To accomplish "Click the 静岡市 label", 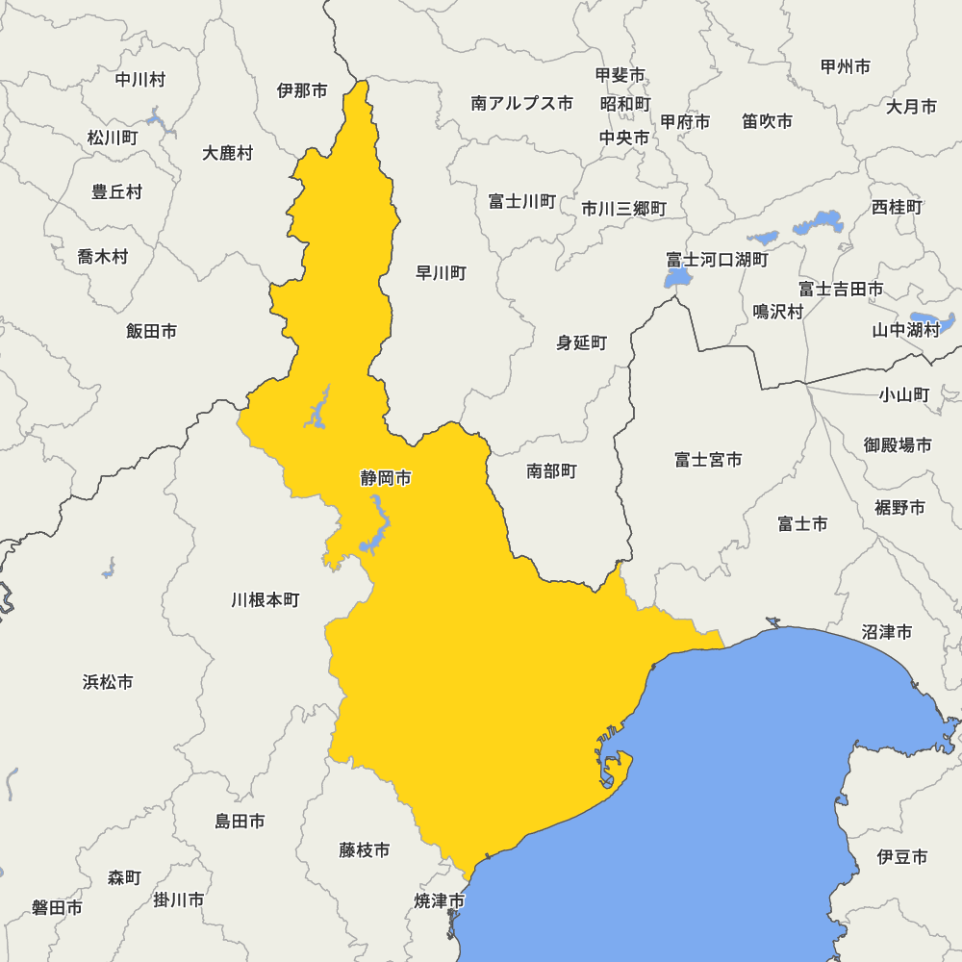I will coord(386,478).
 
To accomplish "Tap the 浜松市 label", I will coord(108,682).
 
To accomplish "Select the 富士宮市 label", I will coord(708,460).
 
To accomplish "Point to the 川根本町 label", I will coord(266,600).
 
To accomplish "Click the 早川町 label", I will coord(441,273).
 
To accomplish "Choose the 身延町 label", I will coord(582,342).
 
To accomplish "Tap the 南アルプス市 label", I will coord(521,103).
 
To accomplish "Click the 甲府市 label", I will coord(685,122).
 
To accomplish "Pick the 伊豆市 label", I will coord(902,855).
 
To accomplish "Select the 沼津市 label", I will coord(887,632).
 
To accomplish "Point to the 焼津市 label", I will coord(440,901).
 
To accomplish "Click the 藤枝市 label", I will coord(365,850).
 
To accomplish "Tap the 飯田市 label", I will coord(151,331).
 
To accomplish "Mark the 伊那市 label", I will coord(302,90).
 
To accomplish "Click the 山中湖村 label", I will coord(905,330).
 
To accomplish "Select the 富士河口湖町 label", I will coord(718,260).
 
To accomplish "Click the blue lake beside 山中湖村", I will coord(933,320).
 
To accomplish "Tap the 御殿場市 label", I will coord(898,445).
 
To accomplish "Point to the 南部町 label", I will coord(551,471).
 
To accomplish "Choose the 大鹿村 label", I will coord(228,153).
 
